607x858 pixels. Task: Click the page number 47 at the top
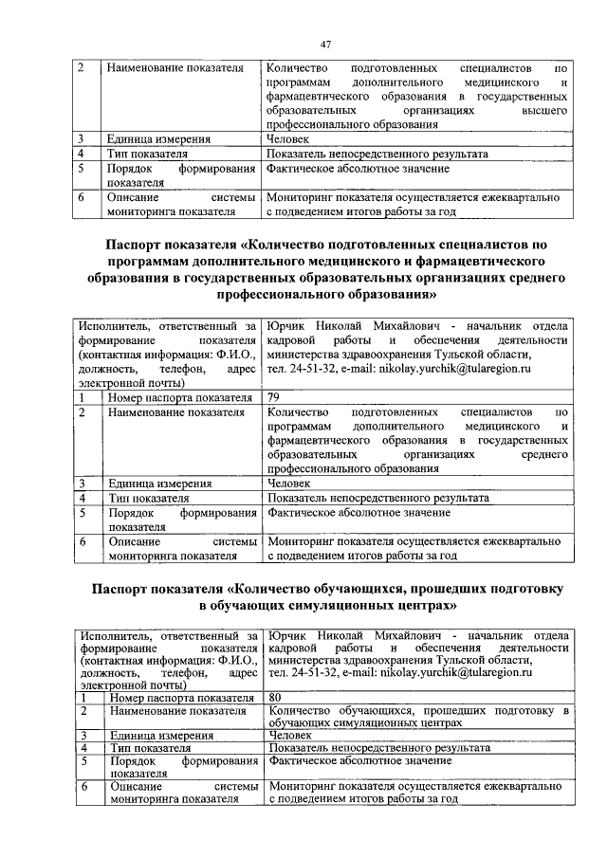[x=325, y=44]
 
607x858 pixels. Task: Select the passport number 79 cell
[x=276, y=397]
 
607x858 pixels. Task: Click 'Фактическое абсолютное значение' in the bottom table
[x=359, y=760]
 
